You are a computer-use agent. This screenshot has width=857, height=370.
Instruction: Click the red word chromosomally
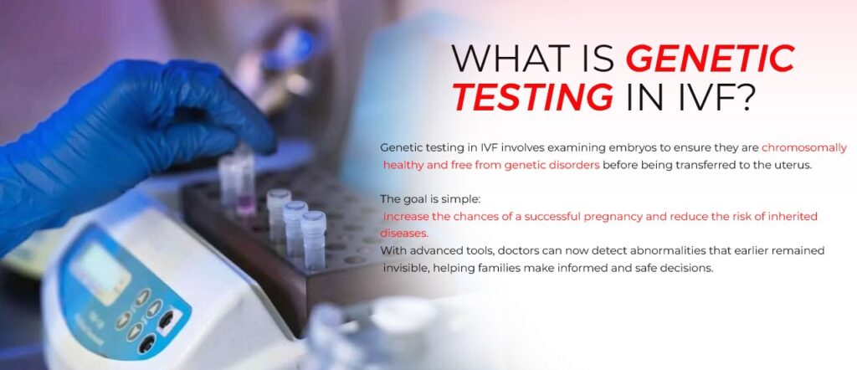(803, 147)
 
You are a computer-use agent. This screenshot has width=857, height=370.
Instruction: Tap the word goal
(421, 199)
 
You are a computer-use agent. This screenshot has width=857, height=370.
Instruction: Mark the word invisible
(406, 268)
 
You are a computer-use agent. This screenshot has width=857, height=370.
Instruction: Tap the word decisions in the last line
(686, 268)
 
